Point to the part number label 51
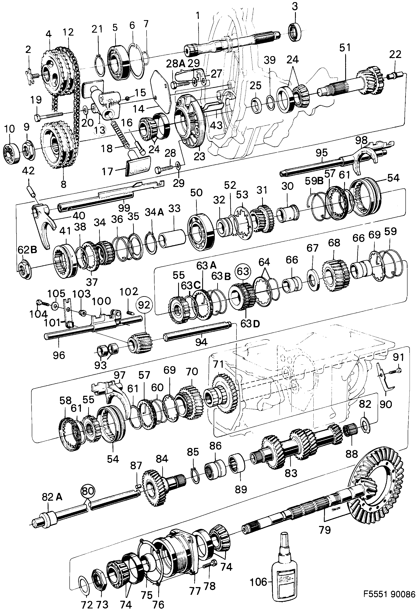[345, 48]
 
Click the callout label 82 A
[52, 497]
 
